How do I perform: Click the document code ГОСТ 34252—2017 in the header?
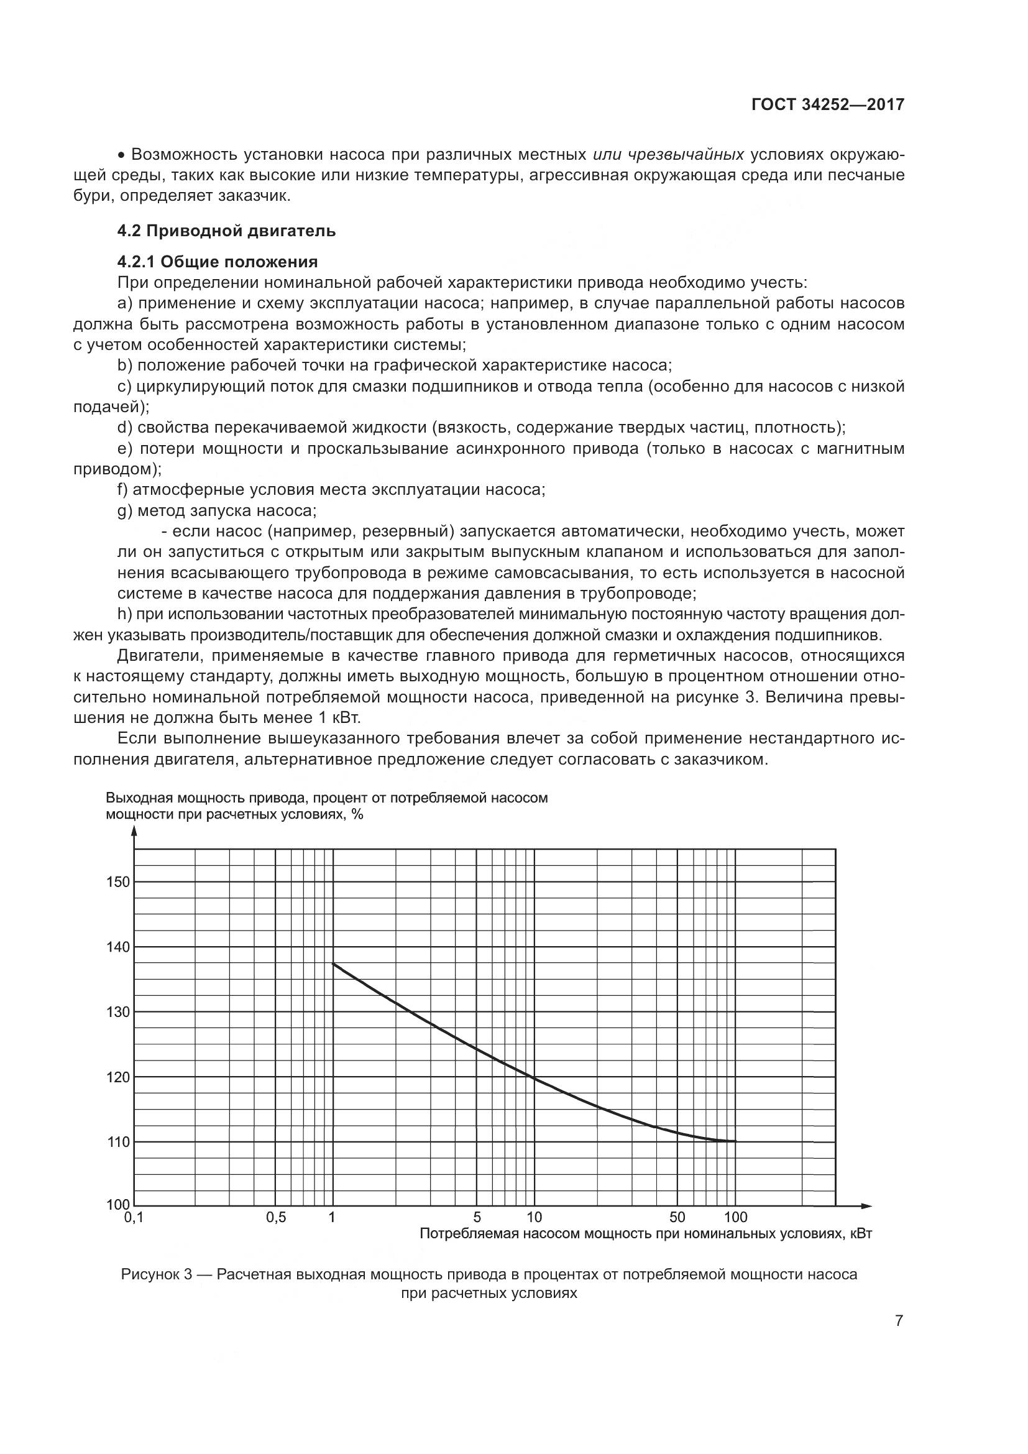(827, 104)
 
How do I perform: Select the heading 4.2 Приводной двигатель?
(226, 231)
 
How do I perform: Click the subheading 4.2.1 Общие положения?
(217, 262)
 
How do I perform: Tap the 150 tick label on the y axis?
(117, 881)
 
